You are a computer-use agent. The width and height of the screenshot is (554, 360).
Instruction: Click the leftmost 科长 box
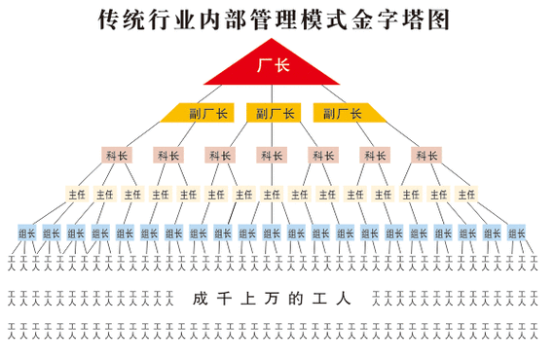click(x=117, y=155)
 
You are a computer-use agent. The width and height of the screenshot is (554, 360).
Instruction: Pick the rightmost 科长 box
click(x=426, y=155)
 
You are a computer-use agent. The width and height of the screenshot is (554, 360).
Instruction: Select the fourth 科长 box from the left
click(x=271, y=155)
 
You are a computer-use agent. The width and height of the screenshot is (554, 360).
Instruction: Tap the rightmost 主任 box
click(x=466, y=195)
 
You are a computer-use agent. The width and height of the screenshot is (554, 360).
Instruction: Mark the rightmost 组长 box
click(x=517, y=234)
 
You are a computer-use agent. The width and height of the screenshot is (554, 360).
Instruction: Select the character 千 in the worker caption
click(x=230, y=299)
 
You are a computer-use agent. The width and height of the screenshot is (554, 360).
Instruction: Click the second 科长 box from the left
click(x=167, y=155)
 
